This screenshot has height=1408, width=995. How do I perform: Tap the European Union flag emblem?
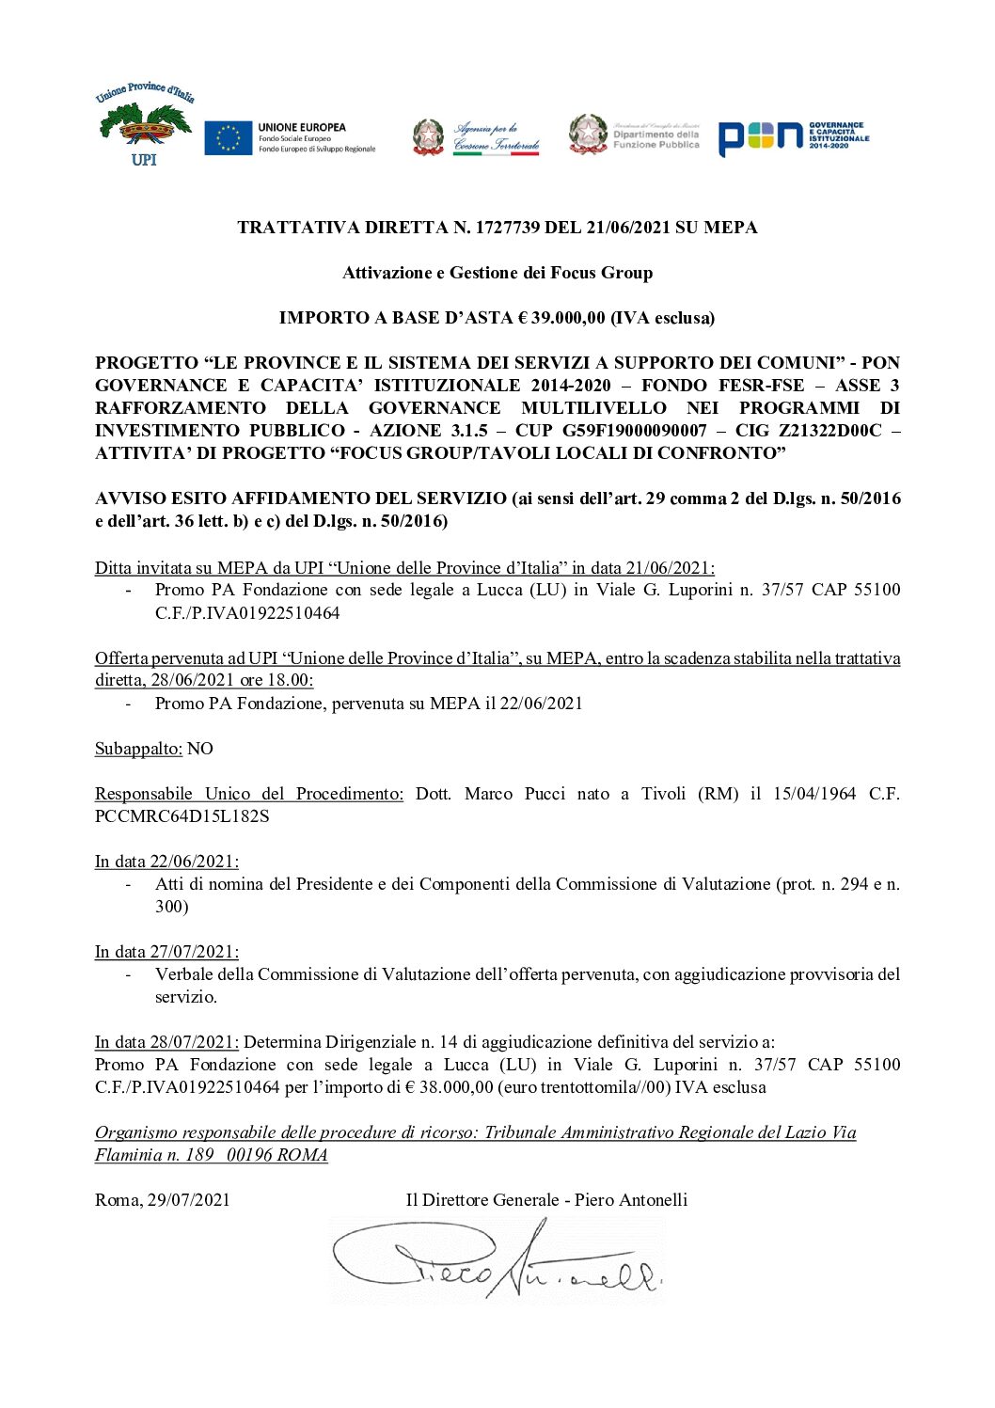(x=229, y=137)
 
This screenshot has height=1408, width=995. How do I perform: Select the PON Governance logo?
(x=794, y=137)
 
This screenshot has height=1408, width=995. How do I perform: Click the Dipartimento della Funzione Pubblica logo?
(x=635, y=134)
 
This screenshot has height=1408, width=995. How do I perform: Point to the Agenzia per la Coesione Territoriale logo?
(x=477, y=137)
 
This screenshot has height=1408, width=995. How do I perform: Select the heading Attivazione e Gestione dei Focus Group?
(x=497, y=273)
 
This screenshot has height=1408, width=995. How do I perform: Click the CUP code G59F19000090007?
(x=635, y=431)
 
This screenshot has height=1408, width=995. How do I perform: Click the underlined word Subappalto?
(x=138, y=749)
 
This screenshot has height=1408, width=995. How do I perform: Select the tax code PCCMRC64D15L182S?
(x=182, y=816)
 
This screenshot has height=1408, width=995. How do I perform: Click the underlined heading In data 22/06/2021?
(x=166, y=862)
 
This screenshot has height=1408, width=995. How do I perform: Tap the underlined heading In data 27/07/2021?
(x=166, y=952)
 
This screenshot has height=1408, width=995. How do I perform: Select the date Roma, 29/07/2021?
(x=162, y=1200)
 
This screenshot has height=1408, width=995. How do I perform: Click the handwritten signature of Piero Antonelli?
(x=497, y=1261)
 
